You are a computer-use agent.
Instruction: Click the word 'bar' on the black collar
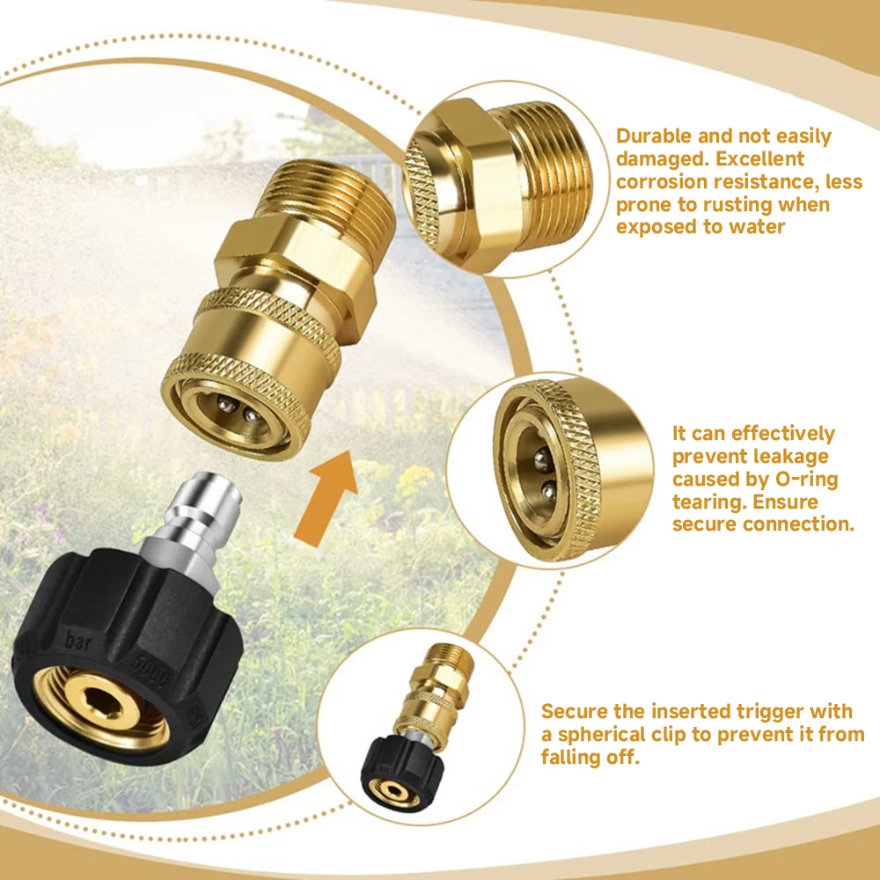78,641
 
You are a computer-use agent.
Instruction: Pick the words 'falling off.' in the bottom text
590,757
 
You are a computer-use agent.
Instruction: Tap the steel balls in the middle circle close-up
545,476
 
